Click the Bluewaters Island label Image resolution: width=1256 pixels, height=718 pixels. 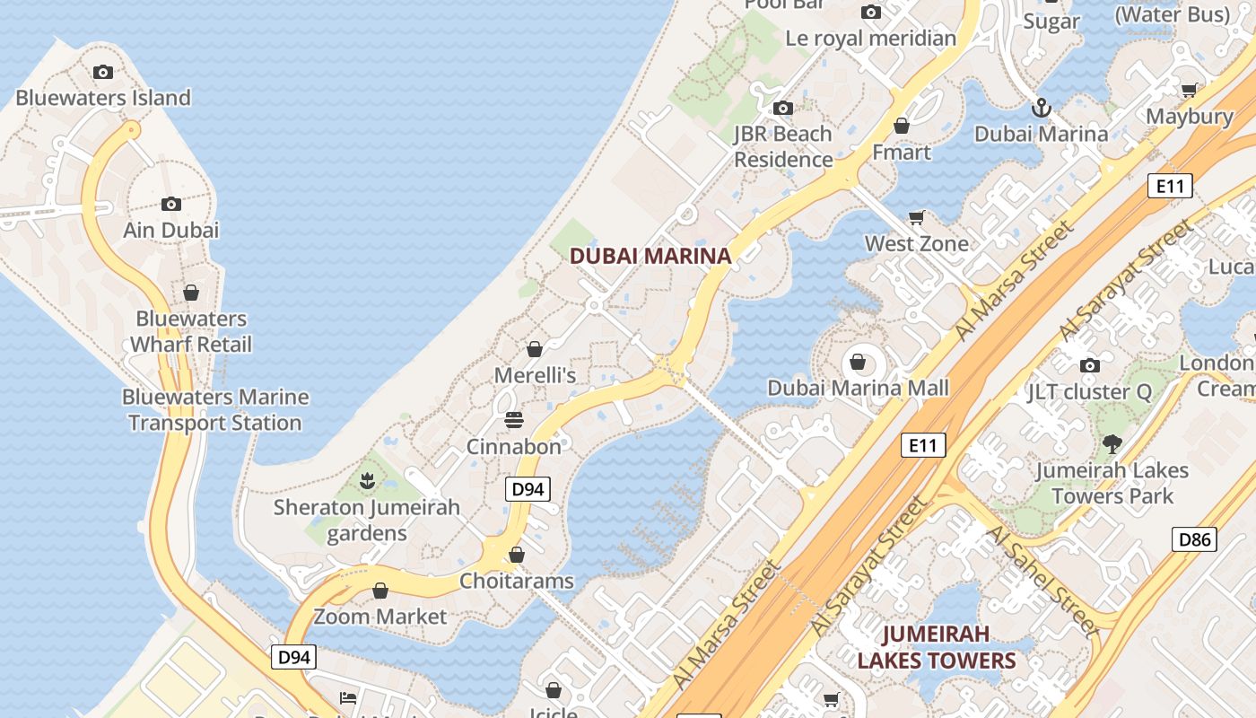click(x=103, y=98)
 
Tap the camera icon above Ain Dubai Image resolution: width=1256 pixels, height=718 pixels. click(x=171, y=205)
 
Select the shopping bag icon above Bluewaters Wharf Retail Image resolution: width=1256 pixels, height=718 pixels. click(x=190, y=293)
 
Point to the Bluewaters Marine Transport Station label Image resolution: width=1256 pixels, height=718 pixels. click(x=215, y=410)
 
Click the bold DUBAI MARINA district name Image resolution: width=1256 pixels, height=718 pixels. click(x=650, y=256)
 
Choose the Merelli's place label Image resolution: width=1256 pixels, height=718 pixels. click(x=535, y=375)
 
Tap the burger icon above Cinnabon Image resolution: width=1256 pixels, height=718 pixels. click(x=514, y=419)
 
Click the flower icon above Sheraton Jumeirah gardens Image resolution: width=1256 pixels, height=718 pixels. click(x=366, y=482)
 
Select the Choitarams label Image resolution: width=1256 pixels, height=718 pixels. click(x=516, y=581)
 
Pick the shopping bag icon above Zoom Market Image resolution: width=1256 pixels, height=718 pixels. click(x=380, y=591)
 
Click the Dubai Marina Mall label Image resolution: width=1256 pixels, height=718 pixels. click(x=858, y=389)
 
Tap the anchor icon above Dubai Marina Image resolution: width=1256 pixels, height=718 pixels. click(x=1041, y=109)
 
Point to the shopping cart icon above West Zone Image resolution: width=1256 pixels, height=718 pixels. click(x=916, y=217)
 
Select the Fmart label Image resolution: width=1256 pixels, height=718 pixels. click(x=902, y=153)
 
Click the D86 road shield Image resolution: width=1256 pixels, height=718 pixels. click(x=1195, y=539)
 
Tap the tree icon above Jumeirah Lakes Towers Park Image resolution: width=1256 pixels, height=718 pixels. click(x=1112, y=443)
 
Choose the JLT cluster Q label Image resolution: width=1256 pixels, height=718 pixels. click(x=1089, y=392)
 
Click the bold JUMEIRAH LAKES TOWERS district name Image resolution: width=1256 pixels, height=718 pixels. click(x=937, y=647)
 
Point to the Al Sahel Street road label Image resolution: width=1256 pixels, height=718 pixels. click(x=1041, y=581)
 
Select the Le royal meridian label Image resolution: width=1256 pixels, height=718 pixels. click(x=870, y=39)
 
